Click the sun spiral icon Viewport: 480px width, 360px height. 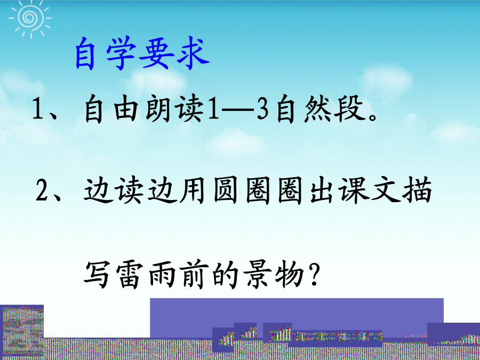[30, 18]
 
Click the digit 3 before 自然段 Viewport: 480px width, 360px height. [263, 109]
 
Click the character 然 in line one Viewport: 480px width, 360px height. [319, 109]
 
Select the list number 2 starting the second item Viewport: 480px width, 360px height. [42, 190]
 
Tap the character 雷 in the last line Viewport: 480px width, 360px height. [130, 274]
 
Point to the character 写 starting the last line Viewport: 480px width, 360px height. [97, 274]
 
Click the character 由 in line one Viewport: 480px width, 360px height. [126, 109]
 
